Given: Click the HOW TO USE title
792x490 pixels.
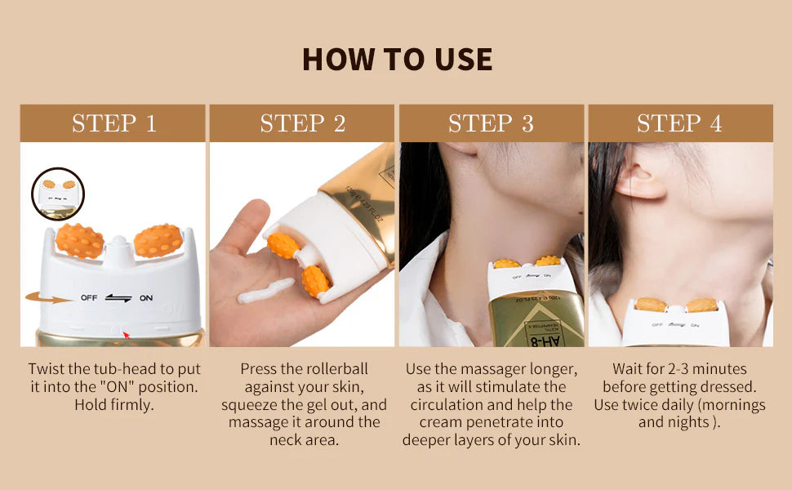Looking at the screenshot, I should tap(397, 59).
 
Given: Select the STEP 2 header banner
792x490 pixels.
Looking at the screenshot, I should tap(302, 123).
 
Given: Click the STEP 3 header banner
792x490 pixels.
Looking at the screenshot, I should tap(491, 123).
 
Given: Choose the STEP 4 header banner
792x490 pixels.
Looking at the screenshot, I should tap(679, 123).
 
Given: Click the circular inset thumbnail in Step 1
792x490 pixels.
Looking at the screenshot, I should tap(58, 194).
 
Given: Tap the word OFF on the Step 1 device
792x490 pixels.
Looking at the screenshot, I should tap(88, 298).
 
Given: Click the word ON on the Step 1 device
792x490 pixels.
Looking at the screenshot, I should tap(146, 298).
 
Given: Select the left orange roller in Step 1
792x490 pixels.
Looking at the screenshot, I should tap(80, 241).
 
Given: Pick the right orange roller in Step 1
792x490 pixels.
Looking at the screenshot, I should tap(158, 240).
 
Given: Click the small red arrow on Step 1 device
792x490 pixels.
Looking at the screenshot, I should tap(126, 334).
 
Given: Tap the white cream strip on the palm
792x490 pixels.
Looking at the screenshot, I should tap(265, 291).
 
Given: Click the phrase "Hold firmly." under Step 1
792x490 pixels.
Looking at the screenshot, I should tap(113, 404).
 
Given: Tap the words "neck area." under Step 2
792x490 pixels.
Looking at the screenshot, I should tap(304, 440).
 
